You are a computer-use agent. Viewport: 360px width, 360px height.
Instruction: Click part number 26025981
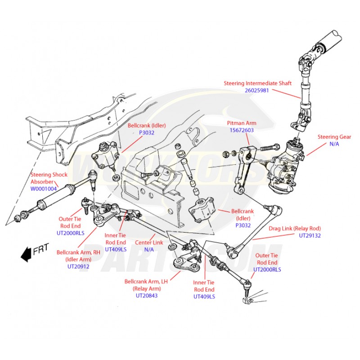[256, 90]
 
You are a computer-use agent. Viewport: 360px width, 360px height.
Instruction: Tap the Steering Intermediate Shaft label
[258, 83]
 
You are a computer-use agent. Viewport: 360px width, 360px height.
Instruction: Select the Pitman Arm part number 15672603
[241, 130]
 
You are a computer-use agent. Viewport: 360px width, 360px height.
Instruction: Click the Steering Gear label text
[334, 137]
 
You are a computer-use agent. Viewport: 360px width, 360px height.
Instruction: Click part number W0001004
[44, 189]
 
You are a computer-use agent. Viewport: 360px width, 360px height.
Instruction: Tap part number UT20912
[78, 266]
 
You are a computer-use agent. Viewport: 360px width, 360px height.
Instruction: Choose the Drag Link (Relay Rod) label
[295, 228]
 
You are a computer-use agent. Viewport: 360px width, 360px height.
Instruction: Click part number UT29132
[310, 235]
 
